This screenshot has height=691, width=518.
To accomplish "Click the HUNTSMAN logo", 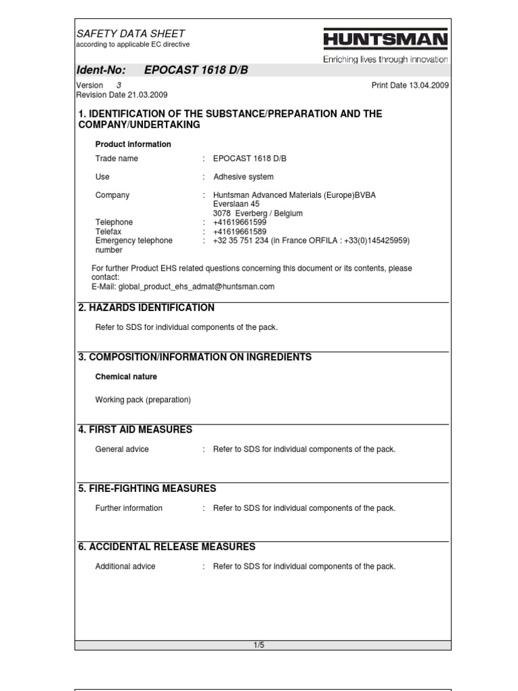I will [x=385, y=40].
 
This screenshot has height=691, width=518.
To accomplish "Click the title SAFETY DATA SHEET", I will [x=131, y=33].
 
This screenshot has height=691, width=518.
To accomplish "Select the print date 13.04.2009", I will [x=430, y=86].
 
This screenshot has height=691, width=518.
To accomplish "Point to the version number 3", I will [x=119, y=86].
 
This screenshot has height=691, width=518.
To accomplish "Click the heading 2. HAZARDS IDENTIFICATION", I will [x=146, y=308].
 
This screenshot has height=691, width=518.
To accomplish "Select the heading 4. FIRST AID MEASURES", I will [x=135, y=429].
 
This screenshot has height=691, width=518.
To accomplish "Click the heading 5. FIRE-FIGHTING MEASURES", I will [x=147, y=488].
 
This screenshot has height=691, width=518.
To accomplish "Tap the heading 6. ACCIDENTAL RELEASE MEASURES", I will [x=167, y=547].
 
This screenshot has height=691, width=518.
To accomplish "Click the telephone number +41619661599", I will [x=239, y=222].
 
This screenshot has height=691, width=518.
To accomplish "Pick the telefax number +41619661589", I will [x=239, y=231].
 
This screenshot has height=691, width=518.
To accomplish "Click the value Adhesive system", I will [x=243, y=177].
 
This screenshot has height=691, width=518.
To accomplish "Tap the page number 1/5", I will [x=259, y=645].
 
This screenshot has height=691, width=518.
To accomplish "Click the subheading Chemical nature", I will [x=126, y=377].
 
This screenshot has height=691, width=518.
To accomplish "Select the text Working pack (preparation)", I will [x=143, y=399].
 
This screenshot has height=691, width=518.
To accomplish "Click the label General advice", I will [x=122, y=449].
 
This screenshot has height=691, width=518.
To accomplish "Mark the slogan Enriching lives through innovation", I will [x=385, y=59].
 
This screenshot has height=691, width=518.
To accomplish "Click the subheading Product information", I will [x=133, y=144].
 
